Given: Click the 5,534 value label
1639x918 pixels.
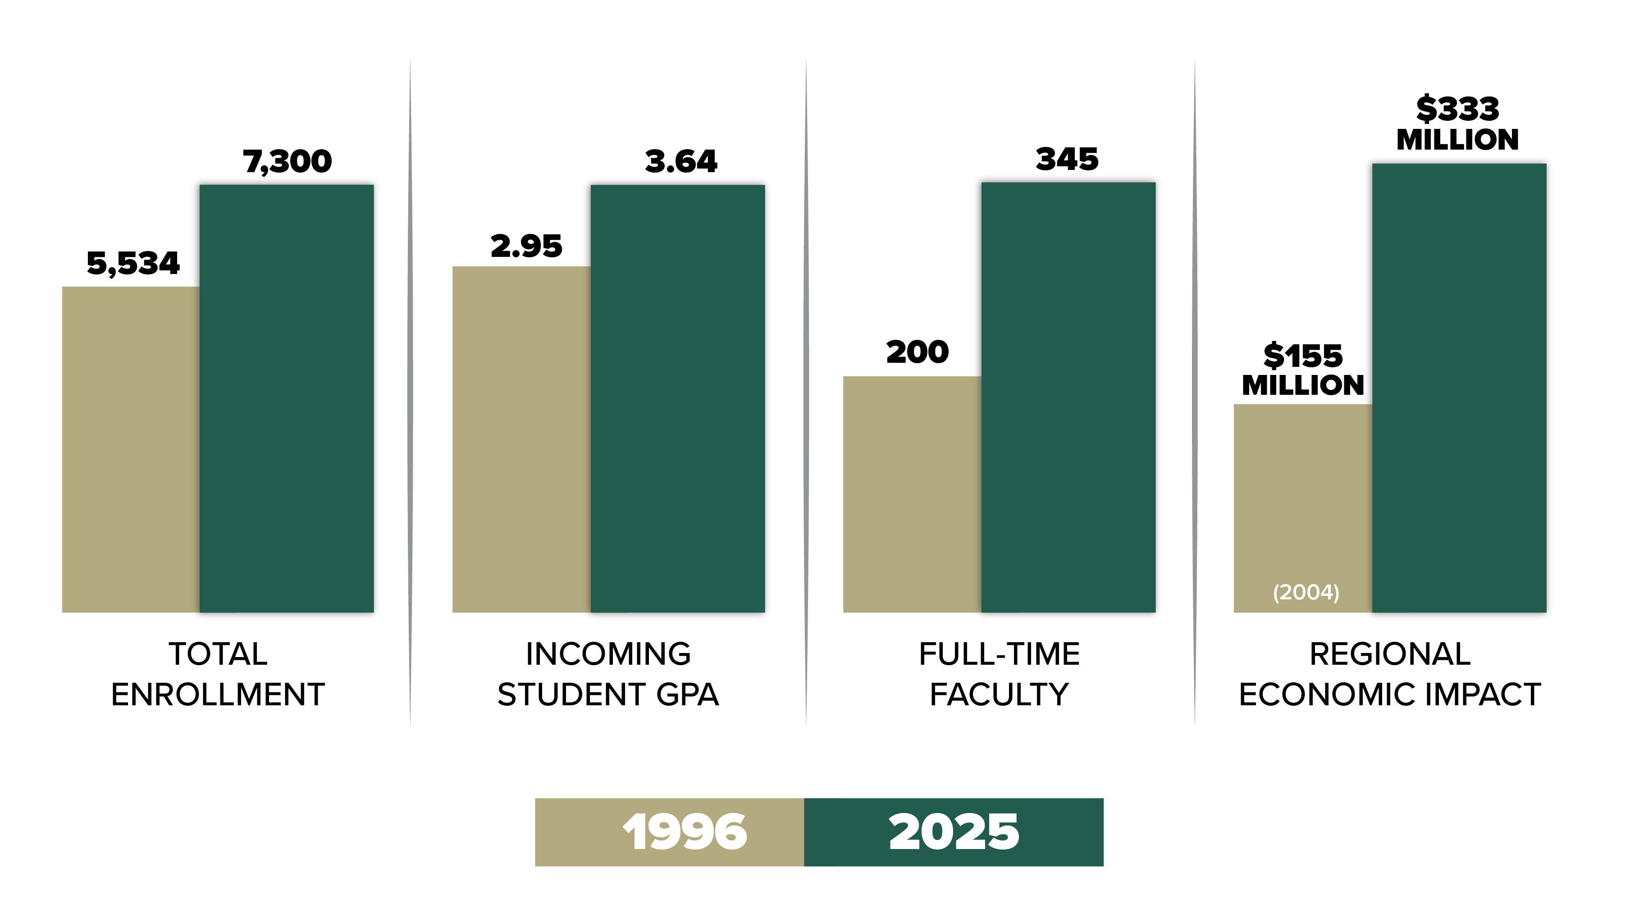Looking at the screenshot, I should (133, 263).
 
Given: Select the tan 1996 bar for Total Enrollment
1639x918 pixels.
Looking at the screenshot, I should (130, 449).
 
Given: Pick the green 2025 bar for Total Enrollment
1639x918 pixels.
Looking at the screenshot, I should (286, 398).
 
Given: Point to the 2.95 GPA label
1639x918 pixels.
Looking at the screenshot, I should (526, 246).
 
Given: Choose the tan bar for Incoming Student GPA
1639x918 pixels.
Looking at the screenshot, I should (521, 439).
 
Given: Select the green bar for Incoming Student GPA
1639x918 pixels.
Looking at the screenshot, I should (678, 398).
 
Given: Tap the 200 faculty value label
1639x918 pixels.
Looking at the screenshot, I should (917, 352).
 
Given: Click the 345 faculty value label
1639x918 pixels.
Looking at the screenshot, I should (1067, 159).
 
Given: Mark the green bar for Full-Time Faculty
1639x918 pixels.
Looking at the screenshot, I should (1068, 397).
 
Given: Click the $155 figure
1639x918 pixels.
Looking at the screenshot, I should (1302, 356).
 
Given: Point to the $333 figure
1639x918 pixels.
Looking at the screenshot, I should (1457, 109).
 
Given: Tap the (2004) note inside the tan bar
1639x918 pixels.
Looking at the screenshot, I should (1306, 592).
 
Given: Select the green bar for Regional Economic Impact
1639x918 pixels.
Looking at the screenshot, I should (1459, 388).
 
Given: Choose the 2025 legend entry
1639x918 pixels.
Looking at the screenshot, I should (953, 831).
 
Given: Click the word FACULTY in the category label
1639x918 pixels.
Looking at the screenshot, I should (999, 694).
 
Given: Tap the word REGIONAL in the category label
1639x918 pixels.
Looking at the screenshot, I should (1390, 654).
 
